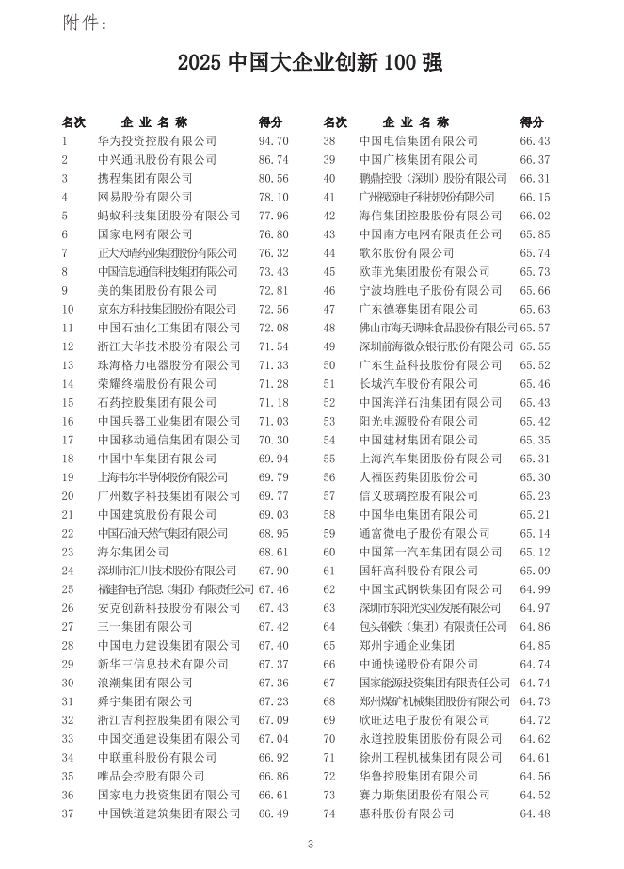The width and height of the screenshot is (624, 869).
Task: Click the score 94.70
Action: click(x=273, y=141)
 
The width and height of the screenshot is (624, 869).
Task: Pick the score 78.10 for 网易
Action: click(x=273, y=197)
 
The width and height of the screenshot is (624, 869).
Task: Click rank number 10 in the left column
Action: click(x=68, y=309)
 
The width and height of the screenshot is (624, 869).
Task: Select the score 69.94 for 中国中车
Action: click(x=273, y=459)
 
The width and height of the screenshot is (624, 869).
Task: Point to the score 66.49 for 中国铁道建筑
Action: click(x=273, y=813)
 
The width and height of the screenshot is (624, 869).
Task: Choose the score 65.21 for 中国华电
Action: click(x=535, y=514)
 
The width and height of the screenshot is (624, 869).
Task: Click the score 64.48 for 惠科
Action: click(x=535, y=813)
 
